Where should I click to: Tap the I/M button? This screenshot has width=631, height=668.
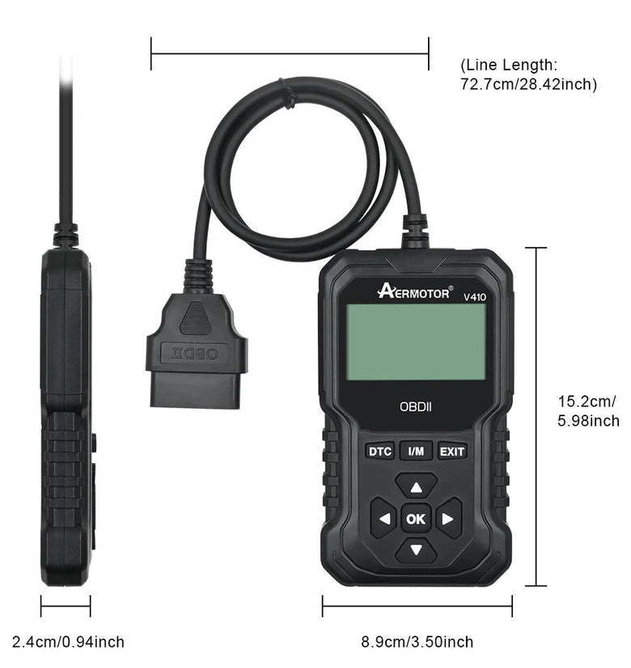pos(416,451)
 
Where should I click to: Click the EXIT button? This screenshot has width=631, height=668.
pos(452,451)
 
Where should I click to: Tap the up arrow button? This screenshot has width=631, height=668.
pos(416,486)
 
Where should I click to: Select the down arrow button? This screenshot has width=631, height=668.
pos(416,551)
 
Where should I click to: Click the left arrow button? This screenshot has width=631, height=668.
pos(383,518)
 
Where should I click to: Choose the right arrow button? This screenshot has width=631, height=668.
pos(449,518)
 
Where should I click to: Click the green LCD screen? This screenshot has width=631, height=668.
pos(416,342)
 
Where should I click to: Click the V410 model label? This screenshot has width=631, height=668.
pos(475,297)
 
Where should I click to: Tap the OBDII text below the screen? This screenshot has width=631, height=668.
pos(416,406)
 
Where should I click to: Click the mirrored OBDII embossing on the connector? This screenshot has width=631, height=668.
pos(196,354)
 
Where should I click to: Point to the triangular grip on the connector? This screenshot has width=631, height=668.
pos(195,318)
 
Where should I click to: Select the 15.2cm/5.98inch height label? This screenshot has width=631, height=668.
pos(588,411)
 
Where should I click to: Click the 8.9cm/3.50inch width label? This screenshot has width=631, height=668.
pos(417,641)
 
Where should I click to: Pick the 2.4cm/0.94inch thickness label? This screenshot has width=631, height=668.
pos(68,641)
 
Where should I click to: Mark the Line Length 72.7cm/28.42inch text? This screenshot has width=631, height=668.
pos(528,74)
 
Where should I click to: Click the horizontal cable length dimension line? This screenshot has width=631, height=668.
pos(290,53)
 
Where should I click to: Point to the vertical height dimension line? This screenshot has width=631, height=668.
pos(536,417)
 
